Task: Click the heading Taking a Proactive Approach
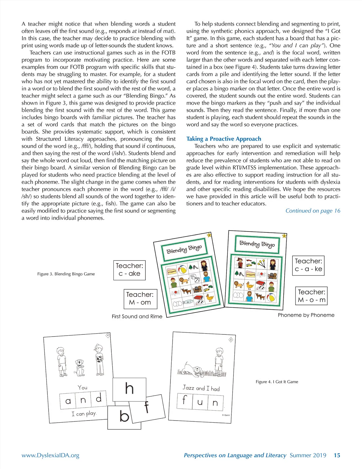[224, 139]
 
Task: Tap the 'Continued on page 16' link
[313, 211]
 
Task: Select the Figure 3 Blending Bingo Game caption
[66, 274]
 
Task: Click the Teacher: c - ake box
[129, 270]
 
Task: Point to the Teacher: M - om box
[140, 299]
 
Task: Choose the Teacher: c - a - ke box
[308, 266]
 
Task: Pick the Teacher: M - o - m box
[311, 296]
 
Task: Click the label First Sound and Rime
[137, 316]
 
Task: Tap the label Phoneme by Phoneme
[306, 315]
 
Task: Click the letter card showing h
[129, 389]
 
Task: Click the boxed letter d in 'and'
[98, 399]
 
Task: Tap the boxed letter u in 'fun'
[200, 402]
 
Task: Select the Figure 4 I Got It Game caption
[277, 382]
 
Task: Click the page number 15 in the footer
[337, 455]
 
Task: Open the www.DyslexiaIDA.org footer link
[50, 455]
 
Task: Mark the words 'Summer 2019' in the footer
[308, 455]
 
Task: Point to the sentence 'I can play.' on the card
[84, 414]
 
